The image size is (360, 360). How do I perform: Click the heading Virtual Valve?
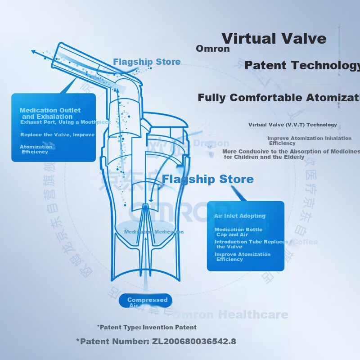point(274,38)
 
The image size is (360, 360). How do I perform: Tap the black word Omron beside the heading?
point(213,49)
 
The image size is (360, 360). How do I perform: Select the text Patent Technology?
point(302,65)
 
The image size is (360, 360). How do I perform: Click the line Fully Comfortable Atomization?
point(279,98)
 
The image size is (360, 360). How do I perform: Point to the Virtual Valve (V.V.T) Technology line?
point(292,125)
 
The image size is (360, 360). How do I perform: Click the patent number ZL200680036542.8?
point(156,341)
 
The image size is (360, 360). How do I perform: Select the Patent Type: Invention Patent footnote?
point(147,327)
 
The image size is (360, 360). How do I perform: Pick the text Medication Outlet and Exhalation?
point(50,113)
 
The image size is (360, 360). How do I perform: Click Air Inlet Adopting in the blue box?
point(240,216)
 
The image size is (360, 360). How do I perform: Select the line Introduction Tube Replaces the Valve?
point(251,244)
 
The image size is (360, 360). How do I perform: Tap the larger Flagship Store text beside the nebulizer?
point(207,179)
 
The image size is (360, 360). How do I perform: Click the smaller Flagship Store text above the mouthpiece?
point(147,62)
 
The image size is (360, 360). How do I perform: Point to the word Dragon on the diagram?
point(211,143)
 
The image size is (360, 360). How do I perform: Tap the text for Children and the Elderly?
point(264,157)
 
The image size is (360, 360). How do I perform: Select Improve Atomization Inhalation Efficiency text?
point(309,140)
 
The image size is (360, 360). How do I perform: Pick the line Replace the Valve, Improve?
point(57,135)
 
